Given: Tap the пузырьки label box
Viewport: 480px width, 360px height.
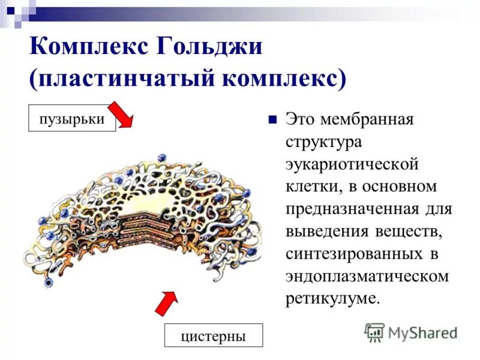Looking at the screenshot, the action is pyautogui.click(x=72, y=118).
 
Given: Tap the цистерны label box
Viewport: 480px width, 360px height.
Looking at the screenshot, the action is pyautogui.click(x=214, y=335).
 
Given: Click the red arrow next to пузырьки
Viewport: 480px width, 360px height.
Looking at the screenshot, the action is pyautogui.click(x=124, y=114).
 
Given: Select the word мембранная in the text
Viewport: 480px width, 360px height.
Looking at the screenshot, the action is pyautogui.click(x=367, y=119).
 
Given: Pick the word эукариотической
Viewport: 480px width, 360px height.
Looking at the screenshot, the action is pyautogui.click(x=351, y=164).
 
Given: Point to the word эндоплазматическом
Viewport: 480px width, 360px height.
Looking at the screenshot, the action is pyautogui.click(x=367, y=277).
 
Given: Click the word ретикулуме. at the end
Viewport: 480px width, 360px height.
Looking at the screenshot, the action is pyautogui.click(x=333, y=299).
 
